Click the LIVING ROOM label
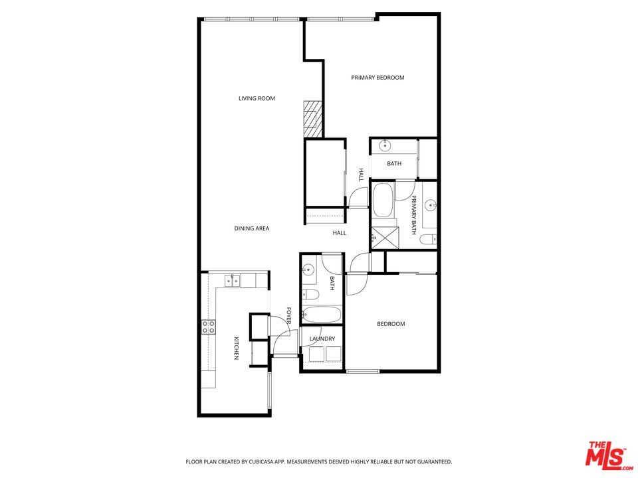(x=257, y=99)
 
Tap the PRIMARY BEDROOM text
(x=377, y=78)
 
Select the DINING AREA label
(x=251, y=229)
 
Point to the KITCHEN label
(x=236, y=349)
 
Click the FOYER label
(x=289, y=316)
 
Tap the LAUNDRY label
(x=322, y=339)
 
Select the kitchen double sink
(x=232, y=281)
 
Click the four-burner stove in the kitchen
(x=209, y=326)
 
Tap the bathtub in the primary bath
(x=382, y=201)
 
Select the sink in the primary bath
(x=431, y=205)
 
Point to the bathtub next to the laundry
(x=321, y=315)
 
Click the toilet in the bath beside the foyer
(x=310, y=294)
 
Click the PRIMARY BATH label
(x=413, y=214)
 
